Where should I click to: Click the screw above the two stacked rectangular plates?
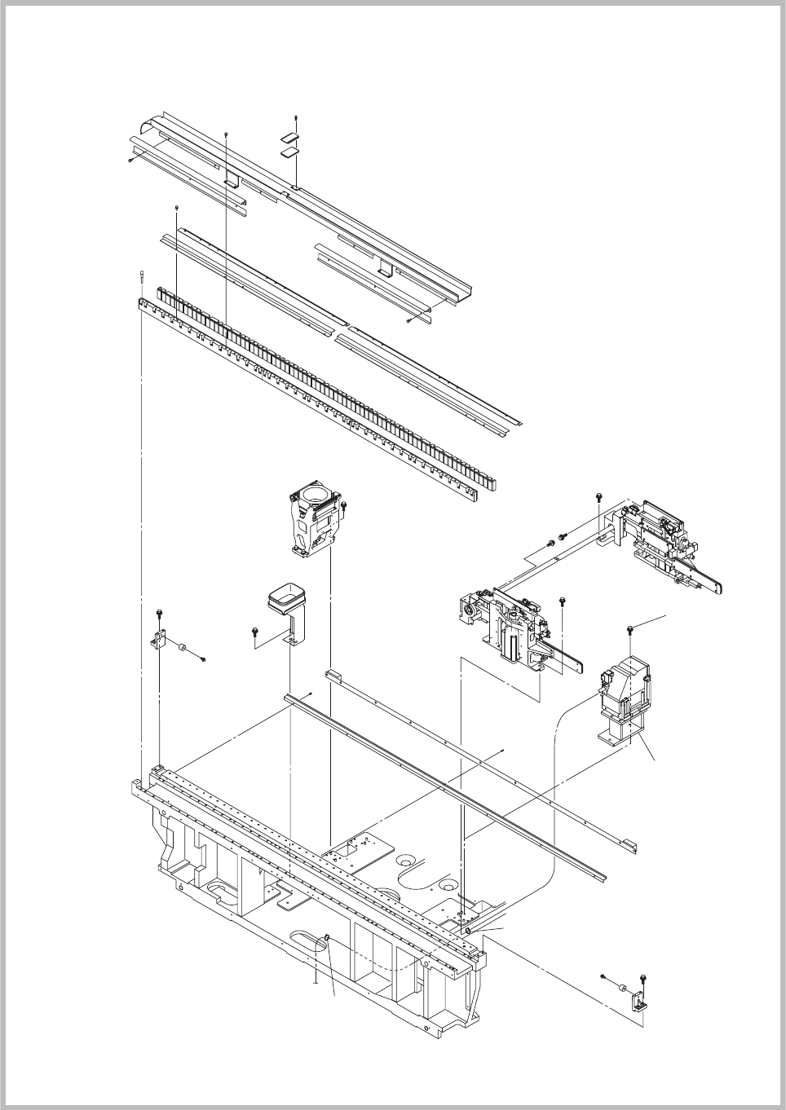(296, 117)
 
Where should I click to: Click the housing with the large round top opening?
(314, 522)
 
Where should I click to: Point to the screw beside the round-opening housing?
(343, 506)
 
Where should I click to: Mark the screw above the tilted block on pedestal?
(632, 628)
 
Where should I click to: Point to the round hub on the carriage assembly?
(470, 609)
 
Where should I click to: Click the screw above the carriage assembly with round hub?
(563, 601)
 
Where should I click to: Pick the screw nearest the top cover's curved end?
(130, 161)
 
